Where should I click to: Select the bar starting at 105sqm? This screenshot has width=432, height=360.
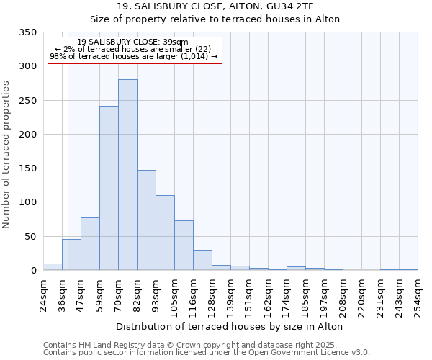coord(184,246)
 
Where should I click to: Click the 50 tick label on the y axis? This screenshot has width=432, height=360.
coord(30,236)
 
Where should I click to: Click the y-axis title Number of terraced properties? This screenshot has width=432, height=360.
coord(6,154)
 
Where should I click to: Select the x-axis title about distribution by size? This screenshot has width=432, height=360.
coord(229,326)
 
